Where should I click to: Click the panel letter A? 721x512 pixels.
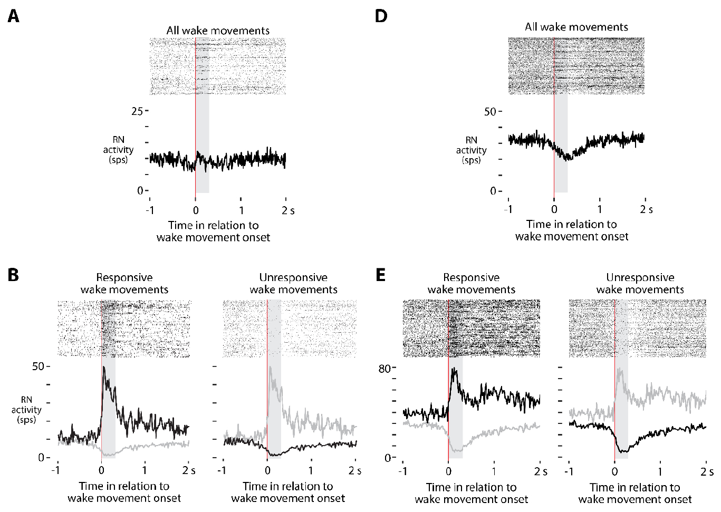13,16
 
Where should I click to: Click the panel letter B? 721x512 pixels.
13,275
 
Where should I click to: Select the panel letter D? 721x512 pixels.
381,16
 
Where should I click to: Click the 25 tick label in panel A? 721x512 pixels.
137,111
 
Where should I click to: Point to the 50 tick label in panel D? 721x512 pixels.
490,111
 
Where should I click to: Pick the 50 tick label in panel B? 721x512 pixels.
38,366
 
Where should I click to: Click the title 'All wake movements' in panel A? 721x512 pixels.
218,31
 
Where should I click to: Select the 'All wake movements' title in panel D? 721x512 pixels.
576,27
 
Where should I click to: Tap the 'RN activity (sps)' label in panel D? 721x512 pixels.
471,150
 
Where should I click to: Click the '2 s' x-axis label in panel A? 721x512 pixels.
288,211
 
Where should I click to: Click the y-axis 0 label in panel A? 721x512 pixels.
140,190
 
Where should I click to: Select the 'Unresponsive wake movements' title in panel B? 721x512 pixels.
293,283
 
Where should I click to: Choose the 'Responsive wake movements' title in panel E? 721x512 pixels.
471,283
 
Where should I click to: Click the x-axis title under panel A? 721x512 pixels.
213,231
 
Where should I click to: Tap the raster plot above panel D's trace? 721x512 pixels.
576,65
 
